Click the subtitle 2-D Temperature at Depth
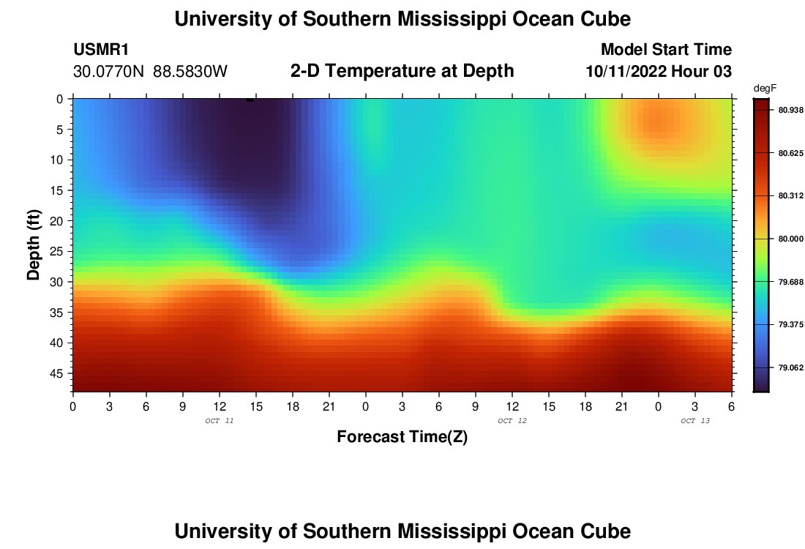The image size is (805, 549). click(402, 71)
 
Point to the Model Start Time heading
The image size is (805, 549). click(666, 50)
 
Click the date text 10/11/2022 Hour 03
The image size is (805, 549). click(659, 72)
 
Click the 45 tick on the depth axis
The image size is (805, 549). click(57, 373)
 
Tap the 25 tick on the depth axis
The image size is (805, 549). click(57, 251)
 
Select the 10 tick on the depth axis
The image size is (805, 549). click(57, 160)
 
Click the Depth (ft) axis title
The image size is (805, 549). click(34, 245)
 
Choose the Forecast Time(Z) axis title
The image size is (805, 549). click(402, 437)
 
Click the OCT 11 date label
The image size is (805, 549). click(220, 421)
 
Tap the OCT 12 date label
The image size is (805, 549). click(512, 421)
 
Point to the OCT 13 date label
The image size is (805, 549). click(695, 421)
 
